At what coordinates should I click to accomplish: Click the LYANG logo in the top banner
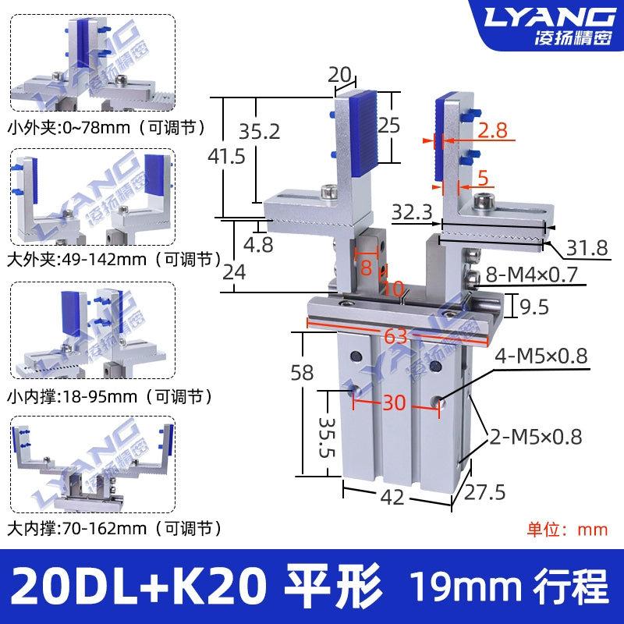click(x=548, y=16)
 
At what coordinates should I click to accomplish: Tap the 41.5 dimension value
click(x=226, y=156)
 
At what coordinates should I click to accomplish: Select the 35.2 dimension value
click(x=260, y=131)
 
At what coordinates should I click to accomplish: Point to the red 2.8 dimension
click(x=492, y=130)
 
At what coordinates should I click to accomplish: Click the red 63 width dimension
click(x=395, y=336)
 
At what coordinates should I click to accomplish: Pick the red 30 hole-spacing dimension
click(x=395, y=402)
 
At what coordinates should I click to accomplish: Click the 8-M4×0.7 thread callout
click(x=532, y=275)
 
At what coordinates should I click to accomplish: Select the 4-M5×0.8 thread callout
click(x=541, y=356)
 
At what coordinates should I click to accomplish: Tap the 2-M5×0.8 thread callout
click(x=536, y=437)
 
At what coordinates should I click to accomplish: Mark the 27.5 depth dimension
click(x=484, y=493)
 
